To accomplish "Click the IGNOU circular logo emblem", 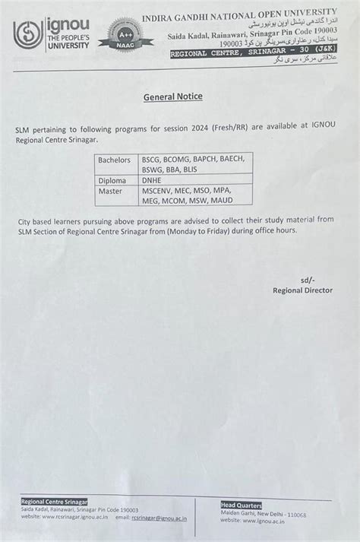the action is [x=28, y=35].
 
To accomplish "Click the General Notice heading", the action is [x=173, y=97].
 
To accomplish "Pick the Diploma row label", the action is [x=112, y=180].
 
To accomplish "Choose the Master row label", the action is [x=110, y=191].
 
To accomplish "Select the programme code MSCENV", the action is [x=159, y=191].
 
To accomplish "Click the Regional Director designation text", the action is [x=302, y=290].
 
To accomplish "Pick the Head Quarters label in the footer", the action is [x=242, y=505].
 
